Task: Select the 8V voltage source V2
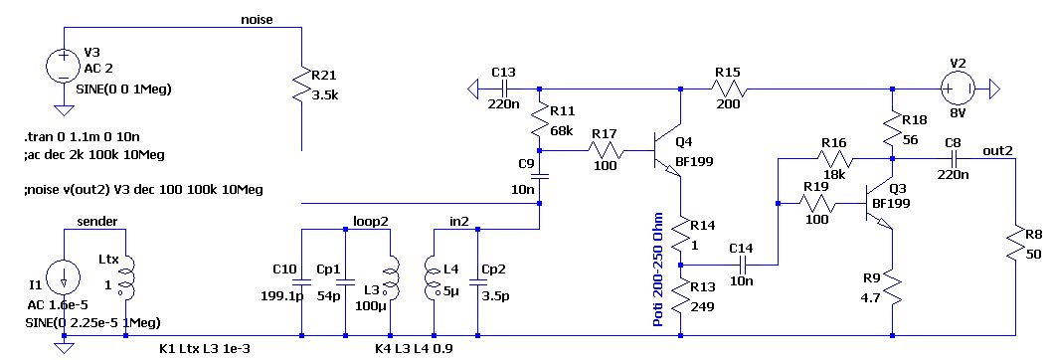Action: (958, 89)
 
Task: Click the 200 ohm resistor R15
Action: (727, 89)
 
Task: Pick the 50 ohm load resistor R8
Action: (1016, 246)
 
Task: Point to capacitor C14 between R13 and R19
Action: (742, 264)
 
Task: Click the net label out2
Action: (997, 150)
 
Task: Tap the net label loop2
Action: (370, 221)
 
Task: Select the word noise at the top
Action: (257, 20)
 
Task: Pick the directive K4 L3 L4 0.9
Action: (418, 349)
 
